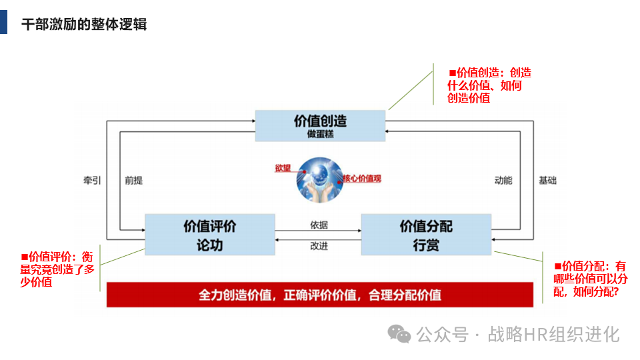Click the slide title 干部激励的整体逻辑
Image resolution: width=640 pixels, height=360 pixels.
[x=84, y=25]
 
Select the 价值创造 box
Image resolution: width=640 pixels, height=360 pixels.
[x=320, y=125]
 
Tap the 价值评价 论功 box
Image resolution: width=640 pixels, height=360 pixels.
[x=209, y=235]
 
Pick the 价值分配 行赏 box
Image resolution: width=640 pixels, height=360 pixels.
[x=426, y=235]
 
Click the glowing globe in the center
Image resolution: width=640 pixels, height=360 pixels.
[x=320, y=179]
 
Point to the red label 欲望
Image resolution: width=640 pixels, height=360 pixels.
[x=283, y=167]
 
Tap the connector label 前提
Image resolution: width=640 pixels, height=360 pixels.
[x=133, y=181]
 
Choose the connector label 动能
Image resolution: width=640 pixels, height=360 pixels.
[x=503, y=181]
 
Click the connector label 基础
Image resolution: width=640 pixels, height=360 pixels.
[x=547, y=181]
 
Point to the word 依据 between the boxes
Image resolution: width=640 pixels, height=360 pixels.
[x=319, y=225]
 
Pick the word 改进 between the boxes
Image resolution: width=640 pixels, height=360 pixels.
[x=319, y=246]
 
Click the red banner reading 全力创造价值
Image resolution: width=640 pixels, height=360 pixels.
[x=320, y=295]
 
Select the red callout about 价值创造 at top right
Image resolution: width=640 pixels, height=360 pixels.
[x=489, y=85]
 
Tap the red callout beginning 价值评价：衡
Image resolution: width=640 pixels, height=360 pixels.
[x=58, y=269]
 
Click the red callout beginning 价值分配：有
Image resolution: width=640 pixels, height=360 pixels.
[x=590, y=278]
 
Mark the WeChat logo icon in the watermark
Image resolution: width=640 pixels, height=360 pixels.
[x=400, y=333]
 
